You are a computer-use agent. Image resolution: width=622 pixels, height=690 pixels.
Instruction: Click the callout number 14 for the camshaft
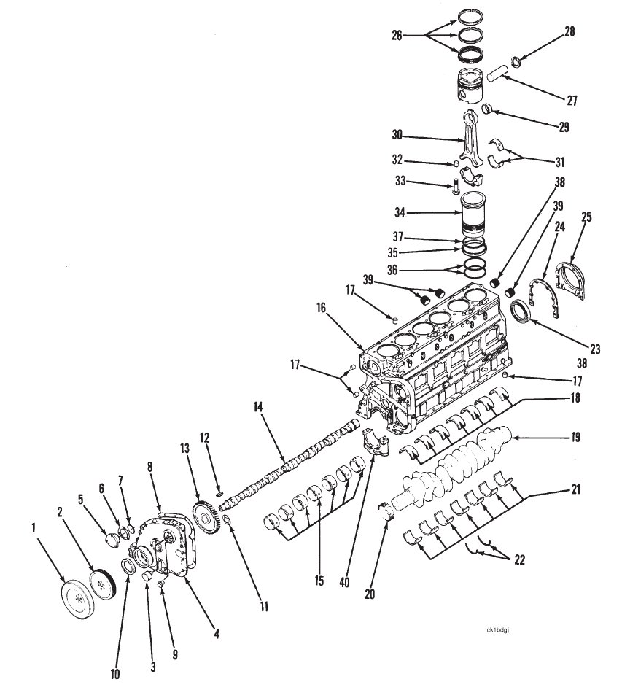point(258,407)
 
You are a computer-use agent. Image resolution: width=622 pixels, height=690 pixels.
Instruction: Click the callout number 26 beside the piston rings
point(397,35)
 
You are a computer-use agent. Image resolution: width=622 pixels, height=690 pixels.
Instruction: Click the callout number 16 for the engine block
point(321,308)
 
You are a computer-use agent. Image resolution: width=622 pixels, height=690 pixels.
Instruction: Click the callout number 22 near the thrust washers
point(519,559)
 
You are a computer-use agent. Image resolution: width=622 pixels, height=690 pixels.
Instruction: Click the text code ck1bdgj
point(497,630)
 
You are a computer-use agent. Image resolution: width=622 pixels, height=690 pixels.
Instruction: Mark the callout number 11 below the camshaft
point(263,608)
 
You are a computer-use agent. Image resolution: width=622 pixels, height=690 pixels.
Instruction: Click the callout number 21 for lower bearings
point(575,489)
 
